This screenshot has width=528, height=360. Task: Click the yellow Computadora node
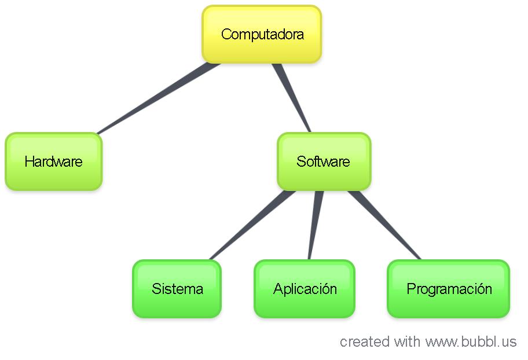coord(262,35)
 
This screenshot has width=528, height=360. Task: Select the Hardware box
coord(53,161)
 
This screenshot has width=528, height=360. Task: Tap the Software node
coord(323,161)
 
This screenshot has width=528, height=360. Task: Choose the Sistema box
coord(177,289)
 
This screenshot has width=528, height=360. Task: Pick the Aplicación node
coord(305,289)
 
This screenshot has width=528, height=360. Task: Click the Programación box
coord(449,289)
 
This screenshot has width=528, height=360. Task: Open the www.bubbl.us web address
coord(471,341)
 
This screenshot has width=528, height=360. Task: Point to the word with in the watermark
coord(408,341)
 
